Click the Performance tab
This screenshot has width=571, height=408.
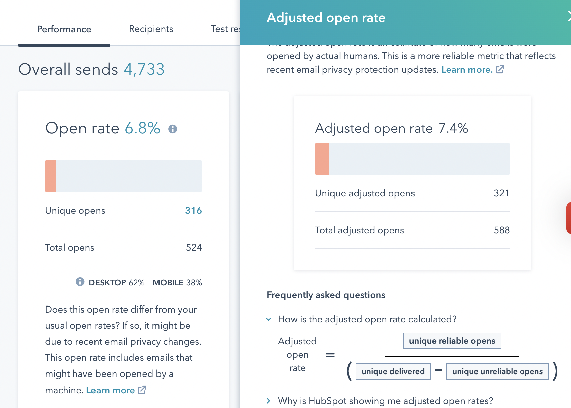[x=64, y=29]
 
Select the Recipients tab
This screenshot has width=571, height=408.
[x=151, y=29]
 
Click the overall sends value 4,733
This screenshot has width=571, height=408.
[x=144, y=69]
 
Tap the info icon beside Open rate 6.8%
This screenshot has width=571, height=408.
[x=173, y=129]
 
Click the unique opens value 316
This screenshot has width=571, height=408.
[x=193, y=210]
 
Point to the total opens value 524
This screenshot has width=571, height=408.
[x=194, y=247]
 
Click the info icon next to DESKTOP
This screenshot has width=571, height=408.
[x=80, y=282]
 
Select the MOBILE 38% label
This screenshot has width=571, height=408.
[x=177, y=283]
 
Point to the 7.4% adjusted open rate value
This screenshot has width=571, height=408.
[x=453, y=128]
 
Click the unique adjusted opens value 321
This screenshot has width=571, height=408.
[x=501, y=193]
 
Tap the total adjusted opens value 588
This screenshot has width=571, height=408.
[x=502, y=230]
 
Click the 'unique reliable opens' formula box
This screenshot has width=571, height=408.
[x=452, y=341]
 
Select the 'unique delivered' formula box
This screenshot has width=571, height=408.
[x=393, y=371]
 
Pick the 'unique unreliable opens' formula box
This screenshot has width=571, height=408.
[x=497, y=371]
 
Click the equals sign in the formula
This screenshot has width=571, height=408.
[x=330, y=355]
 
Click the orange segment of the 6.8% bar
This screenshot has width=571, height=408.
[x=50, y=176]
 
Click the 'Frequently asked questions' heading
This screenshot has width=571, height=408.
[x=326, y=295]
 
